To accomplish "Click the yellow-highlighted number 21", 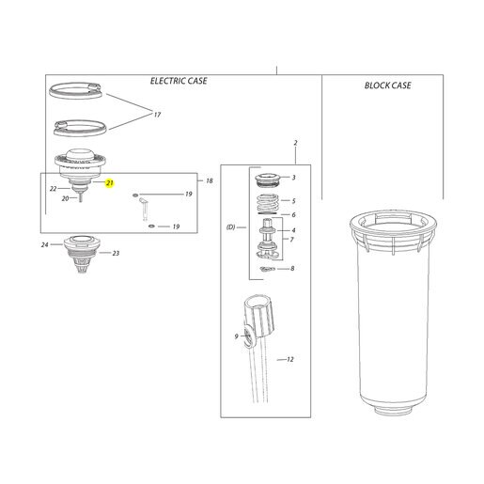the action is point(109,183).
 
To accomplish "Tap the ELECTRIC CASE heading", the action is point(179,81).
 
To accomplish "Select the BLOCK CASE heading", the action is point(387,86).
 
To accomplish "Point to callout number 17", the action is point(157,115).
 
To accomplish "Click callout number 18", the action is point(210,180).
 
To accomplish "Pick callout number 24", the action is point(45,244).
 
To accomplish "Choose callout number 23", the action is point(116,253).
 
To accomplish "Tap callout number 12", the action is point(290,359).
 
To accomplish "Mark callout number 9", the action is point(236,336).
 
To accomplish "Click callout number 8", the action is point(292,269).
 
